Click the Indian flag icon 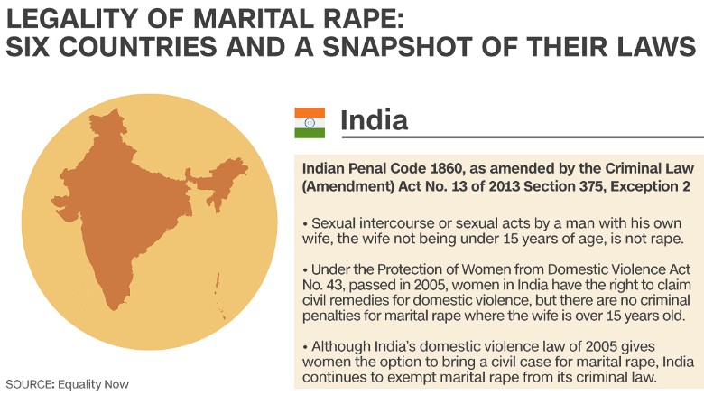click(x=310, y=123)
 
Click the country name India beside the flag click(x=374, y=120)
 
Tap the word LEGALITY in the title click(x=71, y=18)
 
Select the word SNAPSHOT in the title click(x=397, y=46)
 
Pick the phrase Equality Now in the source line click(x=93, y=384)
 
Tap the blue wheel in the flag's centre click(x=310, y=123)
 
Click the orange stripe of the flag click(x=310, y=113)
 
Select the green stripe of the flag click(x=310, y=133)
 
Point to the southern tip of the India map click(x=113, y=308)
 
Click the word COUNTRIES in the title click(x=138, y=46)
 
